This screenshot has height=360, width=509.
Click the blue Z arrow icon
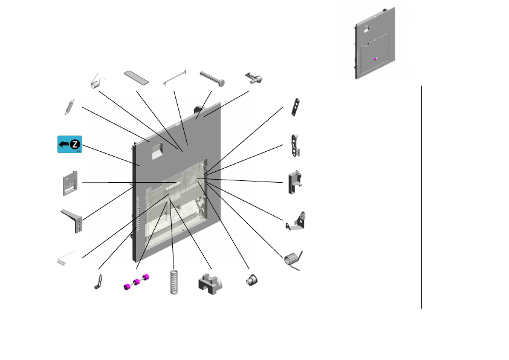click(x=70, y=144)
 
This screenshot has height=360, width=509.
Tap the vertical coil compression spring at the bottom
click(x=175, y=281)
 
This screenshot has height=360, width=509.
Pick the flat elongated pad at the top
click(x=135, y=77)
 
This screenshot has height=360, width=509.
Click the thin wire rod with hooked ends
click(x=175, y=77)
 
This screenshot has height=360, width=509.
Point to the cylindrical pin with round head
click(x=212, y=76)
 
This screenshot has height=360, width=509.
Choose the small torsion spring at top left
click(x=96, y=81)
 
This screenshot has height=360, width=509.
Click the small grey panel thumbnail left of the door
click(x=71, y=183)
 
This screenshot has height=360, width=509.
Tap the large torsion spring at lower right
click(x=293, y=259)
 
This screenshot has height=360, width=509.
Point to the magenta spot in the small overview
click(x=375, y=59)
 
